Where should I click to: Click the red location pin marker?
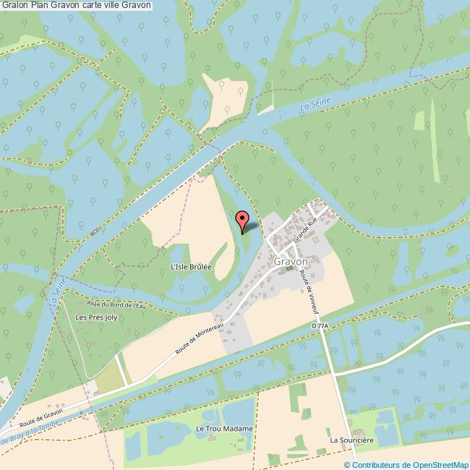point(243,219)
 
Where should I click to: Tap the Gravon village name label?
point(291,261)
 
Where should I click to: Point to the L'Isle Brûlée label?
point(190,267)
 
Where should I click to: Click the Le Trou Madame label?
point(224,429)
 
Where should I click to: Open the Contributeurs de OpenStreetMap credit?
point(410,464)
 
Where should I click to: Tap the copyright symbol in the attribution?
point(348,464)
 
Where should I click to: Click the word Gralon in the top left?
point(15,6)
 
